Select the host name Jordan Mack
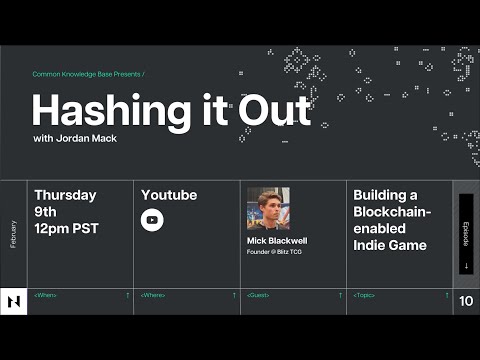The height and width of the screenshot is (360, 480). tap(88, 138)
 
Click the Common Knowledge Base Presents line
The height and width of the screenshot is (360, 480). tap(88, 74)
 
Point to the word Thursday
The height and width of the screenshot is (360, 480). tap(65, 195)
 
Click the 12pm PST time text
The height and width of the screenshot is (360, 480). tap(67, 229)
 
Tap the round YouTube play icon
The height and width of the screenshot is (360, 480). tap(152, 220)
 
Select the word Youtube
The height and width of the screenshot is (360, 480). tap(169, 195)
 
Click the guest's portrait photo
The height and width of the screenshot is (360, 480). tap(268, 208)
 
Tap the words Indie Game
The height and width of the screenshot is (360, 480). tap(390, 245)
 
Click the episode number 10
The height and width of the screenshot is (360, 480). tap(466, 301)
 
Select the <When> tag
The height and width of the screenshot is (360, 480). tap(45, 295)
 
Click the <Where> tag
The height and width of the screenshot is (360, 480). tap(152, 295)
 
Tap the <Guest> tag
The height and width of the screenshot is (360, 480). tap(258, 295)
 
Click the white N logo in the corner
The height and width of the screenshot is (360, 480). tap(14, 301)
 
